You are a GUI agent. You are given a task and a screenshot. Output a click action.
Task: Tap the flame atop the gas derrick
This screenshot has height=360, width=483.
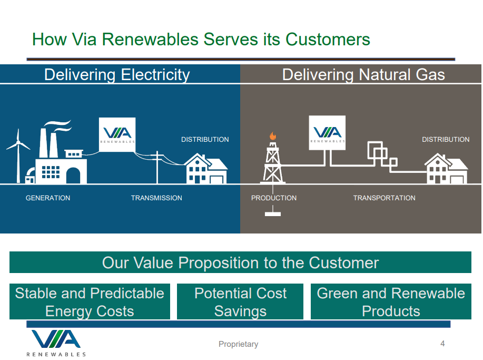tap(272, 136)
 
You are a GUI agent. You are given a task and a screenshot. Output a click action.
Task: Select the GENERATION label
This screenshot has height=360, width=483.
tap(48, 198)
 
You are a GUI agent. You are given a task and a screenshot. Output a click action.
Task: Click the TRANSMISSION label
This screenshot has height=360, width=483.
tap(156, 198)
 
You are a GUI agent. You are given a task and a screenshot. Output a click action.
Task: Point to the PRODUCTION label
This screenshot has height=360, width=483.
tap(274, 198)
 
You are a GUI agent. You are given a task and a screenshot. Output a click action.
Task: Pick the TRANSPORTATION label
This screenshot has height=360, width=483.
tap(384, 198)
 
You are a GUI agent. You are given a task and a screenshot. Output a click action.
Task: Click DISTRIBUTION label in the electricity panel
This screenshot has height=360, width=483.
tap(205, 140)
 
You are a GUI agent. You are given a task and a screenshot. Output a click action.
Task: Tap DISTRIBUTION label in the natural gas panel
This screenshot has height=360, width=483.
tap(446, 140)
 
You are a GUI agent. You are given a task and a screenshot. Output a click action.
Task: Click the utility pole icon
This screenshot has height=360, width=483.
tap(157, 166)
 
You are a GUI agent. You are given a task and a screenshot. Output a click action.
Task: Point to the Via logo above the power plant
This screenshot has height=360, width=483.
tap(117, 134)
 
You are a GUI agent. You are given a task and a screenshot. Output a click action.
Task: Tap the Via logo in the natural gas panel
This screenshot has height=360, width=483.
tap(327, 133)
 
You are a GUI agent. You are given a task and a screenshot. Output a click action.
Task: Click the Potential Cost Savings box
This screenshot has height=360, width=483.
tap(240, 301)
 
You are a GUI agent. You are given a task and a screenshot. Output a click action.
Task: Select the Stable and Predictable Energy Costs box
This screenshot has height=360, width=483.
tap(90, 301)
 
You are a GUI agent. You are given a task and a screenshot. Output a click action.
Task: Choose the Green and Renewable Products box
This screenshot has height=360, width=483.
tap(391, 301)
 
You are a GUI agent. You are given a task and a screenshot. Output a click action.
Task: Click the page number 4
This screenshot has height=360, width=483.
tap(442, 344)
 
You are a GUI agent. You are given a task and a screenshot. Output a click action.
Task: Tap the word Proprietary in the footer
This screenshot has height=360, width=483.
tap(239, 344)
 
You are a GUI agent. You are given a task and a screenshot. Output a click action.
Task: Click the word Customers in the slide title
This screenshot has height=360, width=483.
tap(328, 39)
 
